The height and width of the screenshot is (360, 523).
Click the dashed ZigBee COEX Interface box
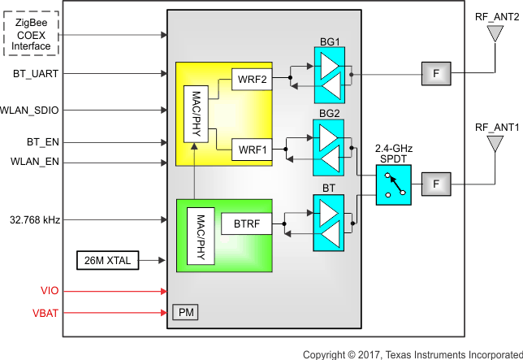(31, 35)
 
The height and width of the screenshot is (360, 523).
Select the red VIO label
(50, 290)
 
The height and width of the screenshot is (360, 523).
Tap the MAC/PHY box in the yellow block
(197, 114)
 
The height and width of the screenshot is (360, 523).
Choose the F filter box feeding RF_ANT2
(436, 74)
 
